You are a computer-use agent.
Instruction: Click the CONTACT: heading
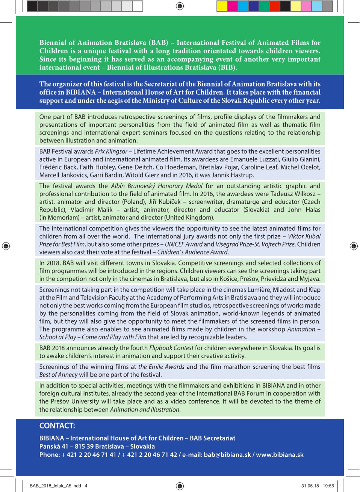click(x=57, y=426)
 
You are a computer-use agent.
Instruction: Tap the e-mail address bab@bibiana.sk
click(x=227, y=455)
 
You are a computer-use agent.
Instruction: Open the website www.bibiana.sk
click(x=280, y=455)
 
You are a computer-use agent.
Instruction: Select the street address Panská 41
click(x=54, y=447)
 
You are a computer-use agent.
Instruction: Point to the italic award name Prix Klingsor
click(x=111, y=151)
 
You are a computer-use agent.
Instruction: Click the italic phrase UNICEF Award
click(x=183, y=244)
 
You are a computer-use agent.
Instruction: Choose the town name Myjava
click(x=310, y=279)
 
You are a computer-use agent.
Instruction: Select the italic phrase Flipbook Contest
click(x=171, y=348)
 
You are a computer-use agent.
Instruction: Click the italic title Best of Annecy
click(x=58, y=375)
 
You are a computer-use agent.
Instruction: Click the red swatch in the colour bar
click(x=274, y=6)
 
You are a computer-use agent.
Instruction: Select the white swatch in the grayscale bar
click(x=138, y=6)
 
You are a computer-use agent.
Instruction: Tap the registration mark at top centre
click(x=180, y=6)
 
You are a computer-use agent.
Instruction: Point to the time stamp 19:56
click(x=328, y=486)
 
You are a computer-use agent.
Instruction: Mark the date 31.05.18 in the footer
click(x=310, y=486)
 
